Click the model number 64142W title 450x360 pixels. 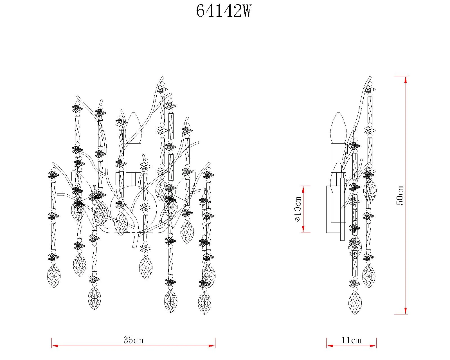point(223,11)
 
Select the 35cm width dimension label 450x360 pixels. point(133,340)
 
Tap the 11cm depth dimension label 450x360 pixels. point(351,340)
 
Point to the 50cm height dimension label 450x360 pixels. point(400,195)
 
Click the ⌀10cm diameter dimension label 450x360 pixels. point(298,209)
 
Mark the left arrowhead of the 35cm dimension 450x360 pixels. point(55,346)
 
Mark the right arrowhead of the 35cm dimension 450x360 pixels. point(212,346)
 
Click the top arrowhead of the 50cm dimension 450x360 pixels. point(406,80)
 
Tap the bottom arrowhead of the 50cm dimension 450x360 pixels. point(406,311)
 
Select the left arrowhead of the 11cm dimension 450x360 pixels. point(330,346)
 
